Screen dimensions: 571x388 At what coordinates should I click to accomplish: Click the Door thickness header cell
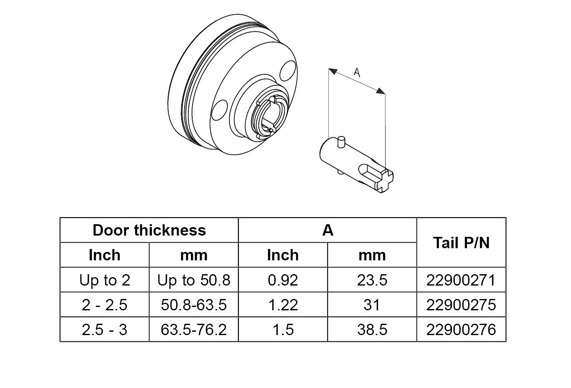pos(149,230)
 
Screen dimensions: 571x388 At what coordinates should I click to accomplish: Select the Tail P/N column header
pos(461,242)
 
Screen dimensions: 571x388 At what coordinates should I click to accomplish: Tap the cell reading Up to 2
pos(104,280)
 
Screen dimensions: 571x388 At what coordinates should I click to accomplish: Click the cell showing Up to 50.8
pos(194,280)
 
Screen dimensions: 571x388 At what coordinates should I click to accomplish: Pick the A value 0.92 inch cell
pos(283,280)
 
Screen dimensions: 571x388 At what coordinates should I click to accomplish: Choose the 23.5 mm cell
pos(372,280)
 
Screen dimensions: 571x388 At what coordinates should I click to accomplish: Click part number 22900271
pos(461,280)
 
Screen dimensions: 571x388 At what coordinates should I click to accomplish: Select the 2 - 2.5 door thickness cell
pos(104,304)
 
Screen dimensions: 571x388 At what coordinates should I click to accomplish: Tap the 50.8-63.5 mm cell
pos(194,304)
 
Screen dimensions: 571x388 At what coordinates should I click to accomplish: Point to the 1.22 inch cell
pos(283,304)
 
